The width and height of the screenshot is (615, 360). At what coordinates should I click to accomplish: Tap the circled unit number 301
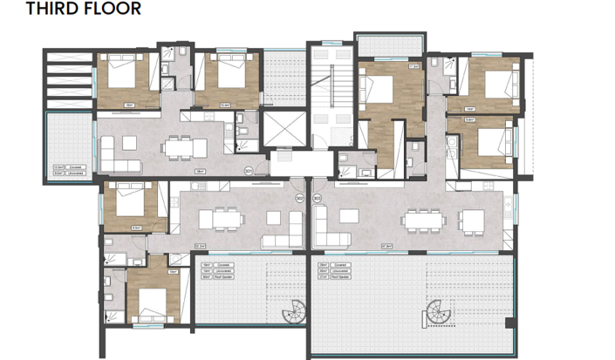249,171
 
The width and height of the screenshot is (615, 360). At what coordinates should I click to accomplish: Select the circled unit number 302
300,199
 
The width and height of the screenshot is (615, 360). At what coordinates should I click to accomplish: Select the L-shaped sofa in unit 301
117,158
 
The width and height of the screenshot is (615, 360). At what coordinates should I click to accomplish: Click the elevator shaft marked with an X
285,130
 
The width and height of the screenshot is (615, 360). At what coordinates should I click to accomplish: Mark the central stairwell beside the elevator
332,97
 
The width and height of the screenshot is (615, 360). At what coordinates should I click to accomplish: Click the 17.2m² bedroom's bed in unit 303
384,86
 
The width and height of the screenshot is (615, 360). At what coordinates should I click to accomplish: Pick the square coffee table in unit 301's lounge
142,148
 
